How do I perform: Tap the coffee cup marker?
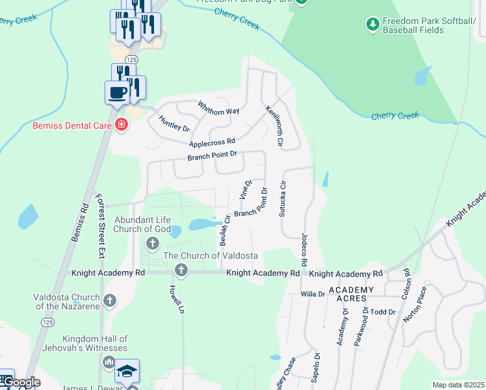pyautogui.click(x=117, y=92)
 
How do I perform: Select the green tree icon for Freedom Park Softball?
pyautogui.click(x=372, y=25)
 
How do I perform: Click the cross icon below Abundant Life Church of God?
pyautogui.click(x=153, y=244)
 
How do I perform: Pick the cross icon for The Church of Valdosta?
pyautogui.click(x=181, y=270)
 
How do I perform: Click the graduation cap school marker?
pyautogui.click(x=127, y=371)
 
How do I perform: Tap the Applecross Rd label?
pyautogui.click(x=212, y=142)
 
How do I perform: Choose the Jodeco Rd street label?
pyautogui.click(x=303, y=250)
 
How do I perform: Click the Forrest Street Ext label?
pyautogui.click(x=100, y=218)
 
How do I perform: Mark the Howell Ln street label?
pyautogui.click(x=173, y=298)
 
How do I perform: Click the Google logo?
pyautogui.click(x=21, y=382)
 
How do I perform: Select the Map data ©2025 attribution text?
pyautogui.click(x=457, y=385)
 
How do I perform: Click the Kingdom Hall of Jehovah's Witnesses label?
pyautogui.click(x=96, y=343)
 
